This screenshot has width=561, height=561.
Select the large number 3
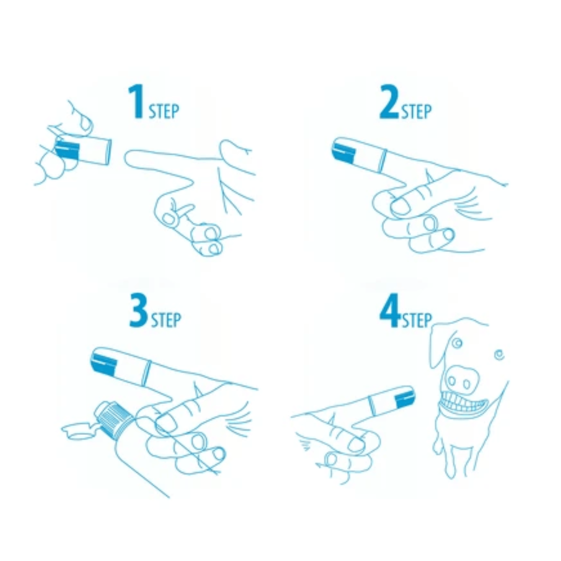(x=139, y=311)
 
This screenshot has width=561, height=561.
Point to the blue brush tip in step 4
(x=404, y=397)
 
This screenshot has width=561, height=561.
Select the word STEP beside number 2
(x=416, y=112)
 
